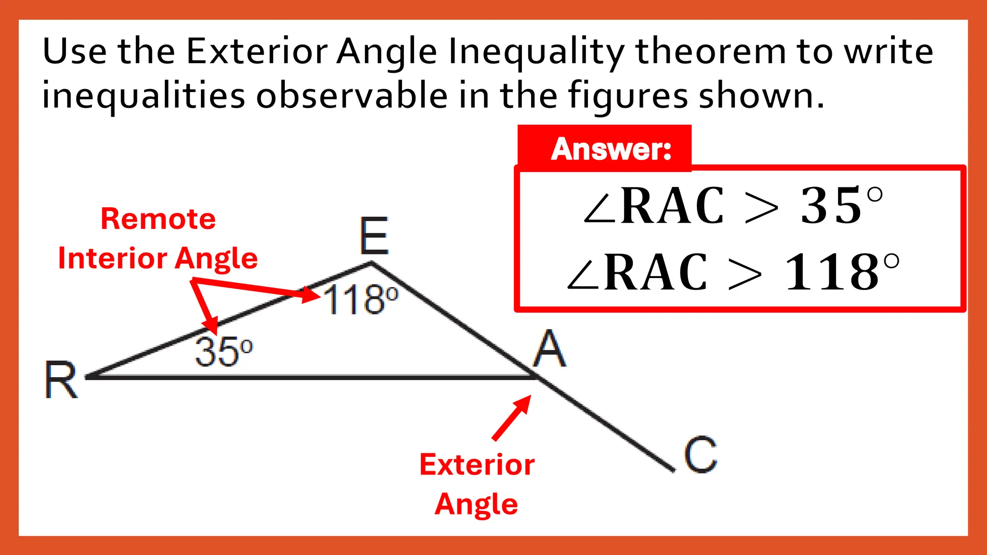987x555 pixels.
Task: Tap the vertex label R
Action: click(x=61, y=380)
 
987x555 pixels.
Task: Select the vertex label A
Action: click(x=549, y=349)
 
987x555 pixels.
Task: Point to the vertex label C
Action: click(x=700, y=454)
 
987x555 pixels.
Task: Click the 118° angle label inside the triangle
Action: click(x=360, y=300)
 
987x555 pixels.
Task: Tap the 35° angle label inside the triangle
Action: click(x=224, y=352)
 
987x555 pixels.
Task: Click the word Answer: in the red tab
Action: click(x=611, y=149)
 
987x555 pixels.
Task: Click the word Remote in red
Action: click(x=158, y=219)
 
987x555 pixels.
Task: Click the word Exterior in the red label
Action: click(x=477, y=465)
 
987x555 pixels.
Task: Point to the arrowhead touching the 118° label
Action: click(x=311, y=295)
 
